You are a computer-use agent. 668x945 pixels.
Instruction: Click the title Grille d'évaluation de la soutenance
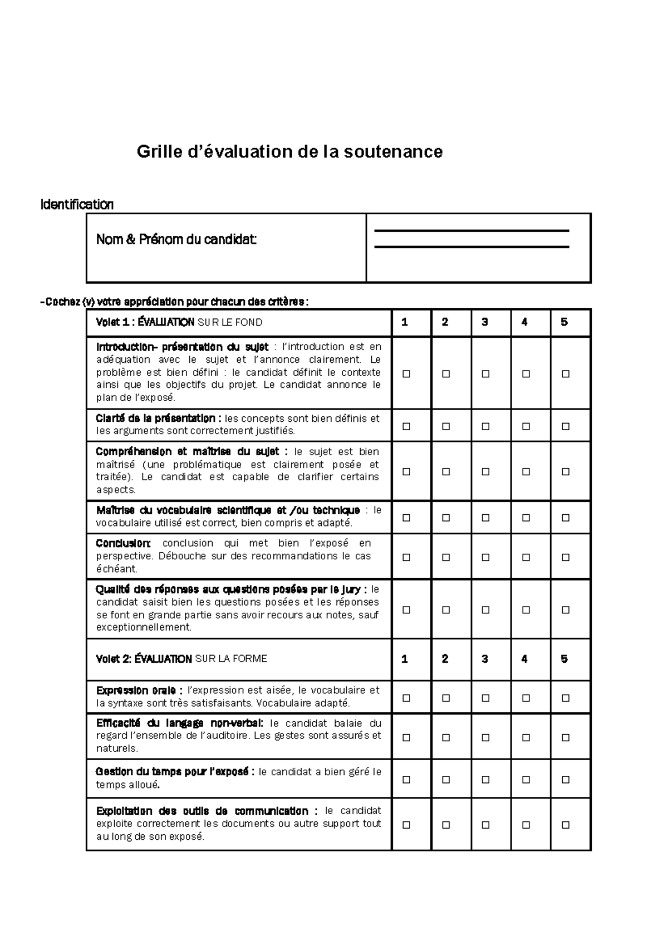click(289, 151)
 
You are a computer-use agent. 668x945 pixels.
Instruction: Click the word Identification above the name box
click(77, 204)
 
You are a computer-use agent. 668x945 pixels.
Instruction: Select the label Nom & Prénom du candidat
click(176, 240)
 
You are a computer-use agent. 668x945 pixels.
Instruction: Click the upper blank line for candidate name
click(471, 230)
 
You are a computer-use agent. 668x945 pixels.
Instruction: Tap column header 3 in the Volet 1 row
click(485, 322)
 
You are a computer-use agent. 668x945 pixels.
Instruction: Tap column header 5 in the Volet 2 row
click(564, 659)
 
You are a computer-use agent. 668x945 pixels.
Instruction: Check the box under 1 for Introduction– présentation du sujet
click(406, 374)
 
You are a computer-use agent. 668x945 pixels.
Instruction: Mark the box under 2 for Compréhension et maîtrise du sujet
click(446, 471)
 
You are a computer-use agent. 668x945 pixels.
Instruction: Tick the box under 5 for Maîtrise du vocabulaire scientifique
click(566, 518)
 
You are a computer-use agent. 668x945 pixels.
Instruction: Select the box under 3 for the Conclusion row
click(485, 557)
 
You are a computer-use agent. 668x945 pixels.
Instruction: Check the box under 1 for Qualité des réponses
click(406, 609)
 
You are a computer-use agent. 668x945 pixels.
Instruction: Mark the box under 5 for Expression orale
click(566, 698)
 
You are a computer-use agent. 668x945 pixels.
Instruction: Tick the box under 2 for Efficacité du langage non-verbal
click(446, 737)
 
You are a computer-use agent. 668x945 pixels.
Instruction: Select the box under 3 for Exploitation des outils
click(485, 825)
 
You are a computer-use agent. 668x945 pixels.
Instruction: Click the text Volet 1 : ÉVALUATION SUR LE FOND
click(179, 322)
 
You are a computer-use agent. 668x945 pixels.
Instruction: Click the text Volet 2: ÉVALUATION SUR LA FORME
click(181, 659)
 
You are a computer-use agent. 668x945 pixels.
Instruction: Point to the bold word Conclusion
click(123, 543)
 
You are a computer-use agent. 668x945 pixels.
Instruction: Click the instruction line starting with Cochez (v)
click(175, 302)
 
